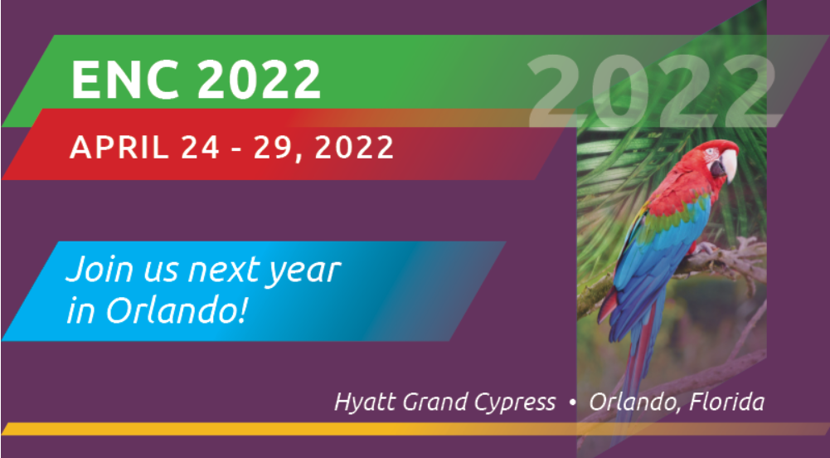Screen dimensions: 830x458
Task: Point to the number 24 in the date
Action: pos(200,147)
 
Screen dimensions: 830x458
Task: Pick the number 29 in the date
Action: pos(272,147)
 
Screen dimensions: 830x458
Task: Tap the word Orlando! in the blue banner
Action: pos(177,311)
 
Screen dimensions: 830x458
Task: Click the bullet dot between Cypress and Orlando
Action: pos(572,403)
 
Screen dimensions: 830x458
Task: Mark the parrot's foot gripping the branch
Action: pos(704,249)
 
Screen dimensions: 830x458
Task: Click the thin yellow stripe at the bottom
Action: pos(415,429)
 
